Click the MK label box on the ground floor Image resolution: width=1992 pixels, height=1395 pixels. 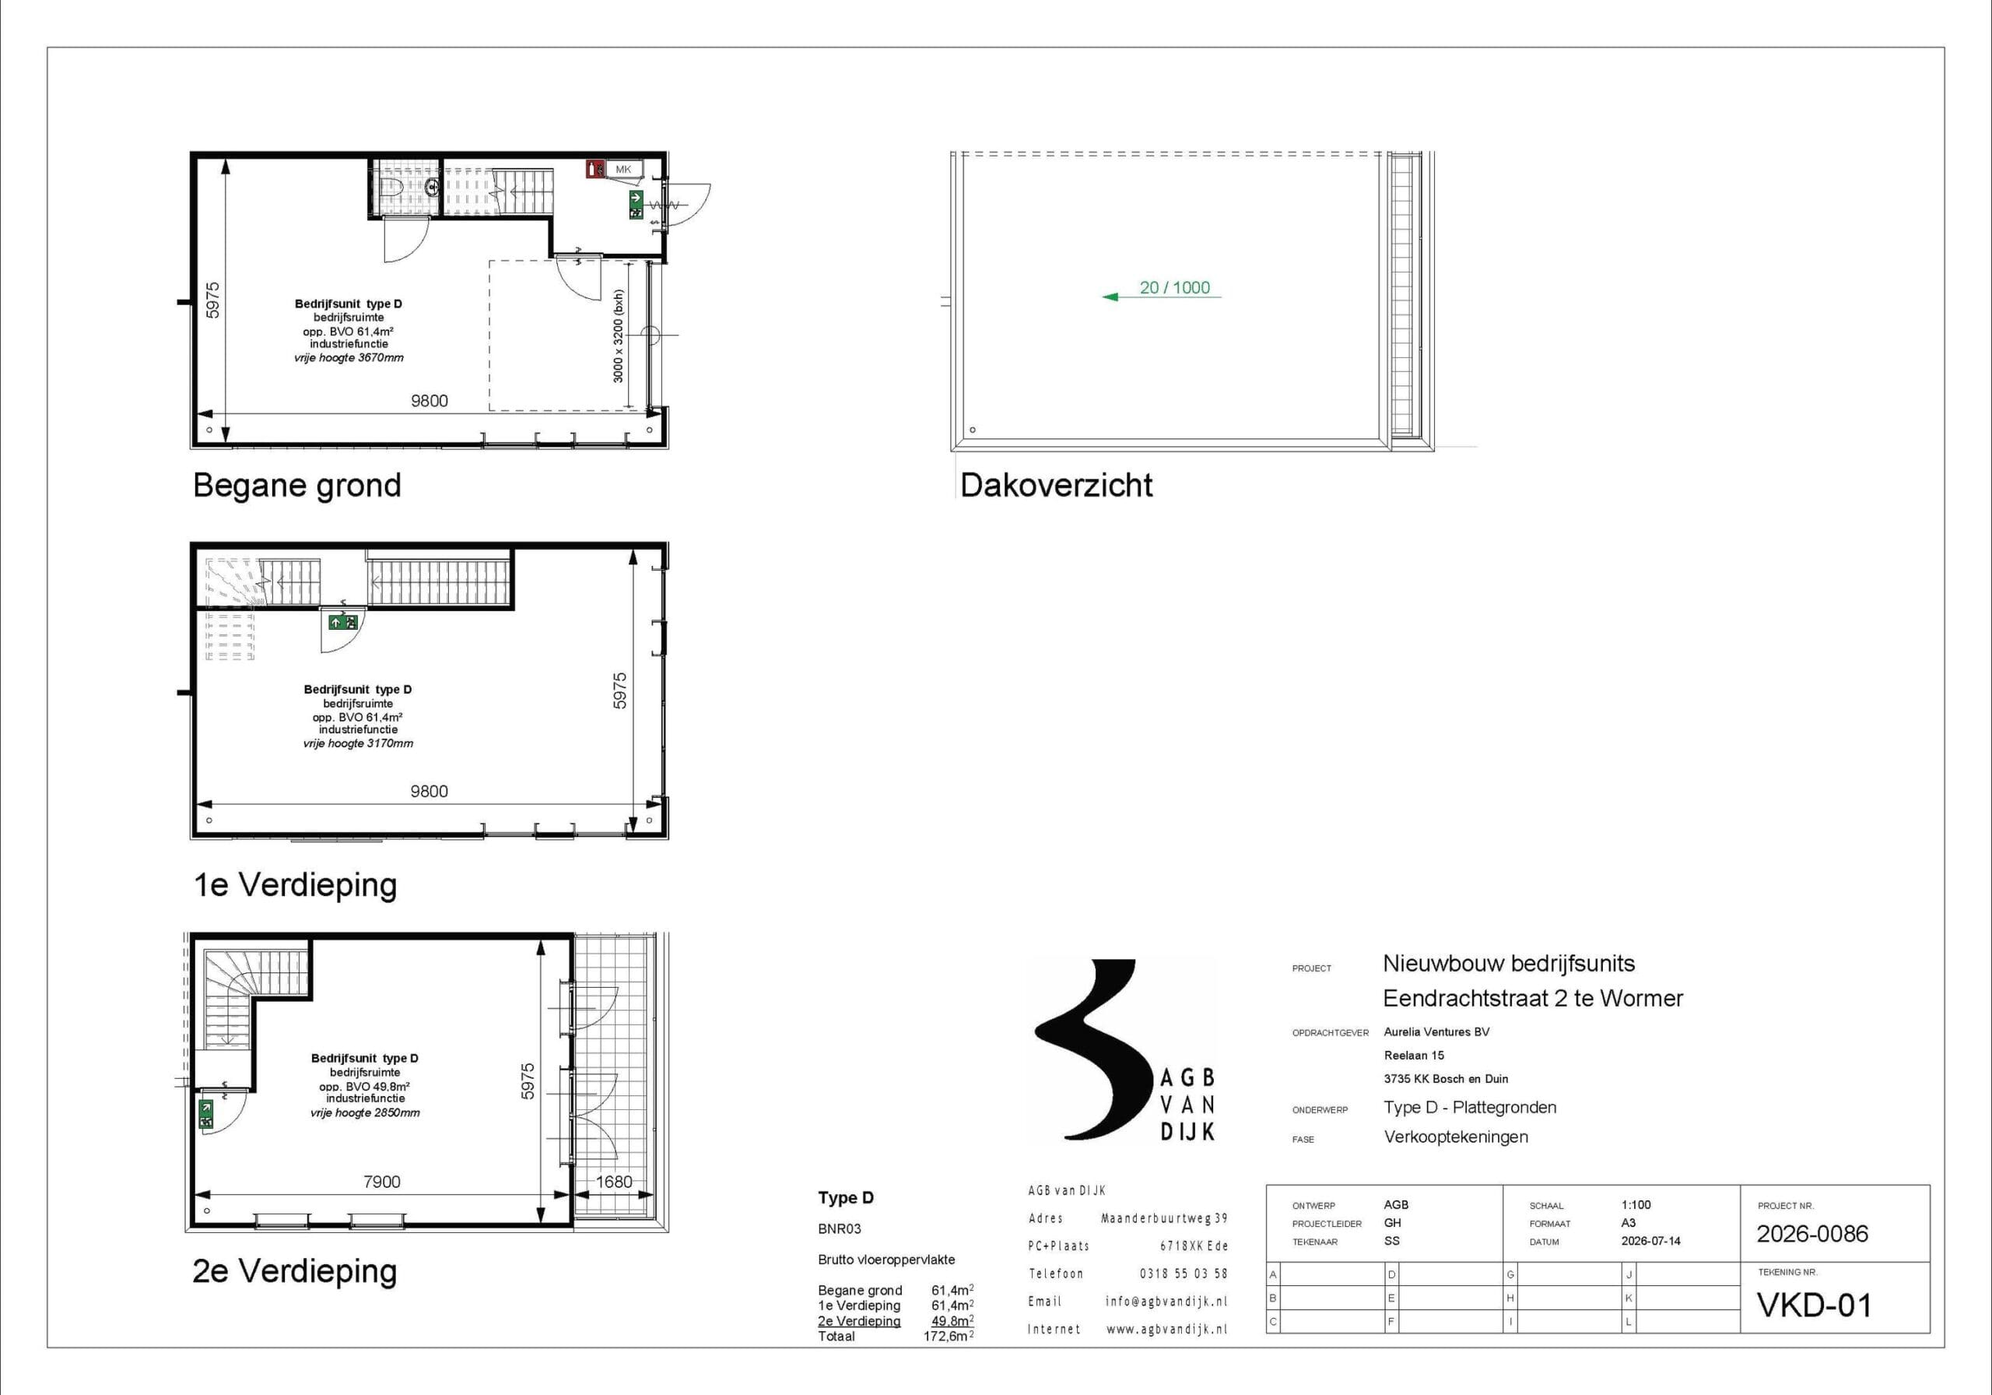coord(624,169)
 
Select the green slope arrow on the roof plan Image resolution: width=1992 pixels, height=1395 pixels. coord(1161,297)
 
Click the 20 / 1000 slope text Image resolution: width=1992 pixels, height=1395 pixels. coord(1175,287)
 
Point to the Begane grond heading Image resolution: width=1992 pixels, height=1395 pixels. coord(296,485)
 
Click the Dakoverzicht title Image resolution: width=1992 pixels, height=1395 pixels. coord(1056,485)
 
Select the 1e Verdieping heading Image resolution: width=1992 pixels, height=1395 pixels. coord(295,884)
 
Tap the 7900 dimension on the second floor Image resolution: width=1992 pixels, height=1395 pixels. coord(382,1182)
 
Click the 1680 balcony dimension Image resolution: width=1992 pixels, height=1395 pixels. coord(613,1182)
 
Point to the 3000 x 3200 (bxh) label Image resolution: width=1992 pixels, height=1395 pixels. coord(618,336)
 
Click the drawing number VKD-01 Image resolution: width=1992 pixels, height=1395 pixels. coord(1814,1305)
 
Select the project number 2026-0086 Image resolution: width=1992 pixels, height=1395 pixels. coord(1812,1234)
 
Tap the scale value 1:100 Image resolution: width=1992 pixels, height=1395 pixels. coord(1636,1205)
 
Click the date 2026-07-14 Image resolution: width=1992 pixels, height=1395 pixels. coord(1650,1242)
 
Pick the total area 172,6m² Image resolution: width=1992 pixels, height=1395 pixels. coord(949,1337)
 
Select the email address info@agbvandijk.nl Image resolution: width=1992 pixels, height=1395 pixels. coord(1166,1302)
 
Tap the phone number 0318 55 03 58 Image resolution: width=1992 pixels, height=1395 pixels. coord(1184,1274)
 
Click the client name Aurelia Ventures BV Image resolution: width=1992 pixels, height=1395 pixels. coord(1436,1032)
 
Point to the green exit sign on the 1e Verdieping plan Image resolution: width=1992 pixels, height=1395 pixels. coord(344,621)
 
